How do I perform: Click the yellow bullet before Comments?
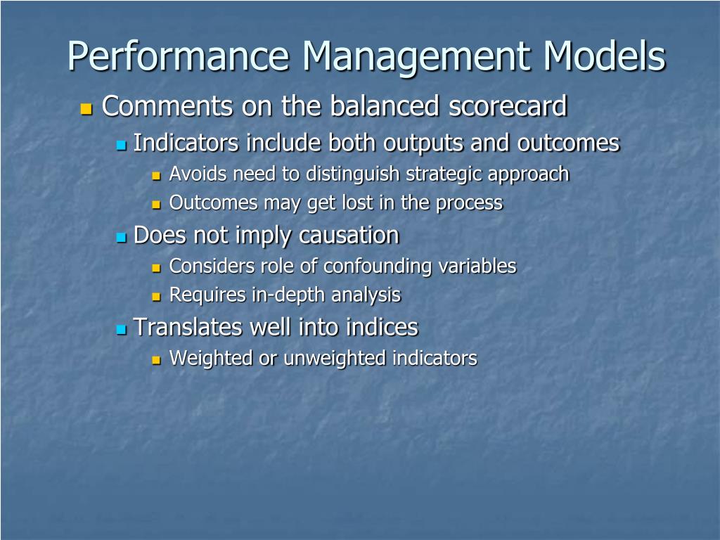click(x=86, y=109)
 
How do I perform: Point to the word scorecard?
click(x=508, y=107)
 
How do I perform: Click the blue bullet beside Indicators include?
click(x=121, y=145)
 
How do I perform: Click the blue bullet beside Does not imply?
click(x=121, y=237)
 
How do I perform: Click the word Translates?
click(x=186, y=327)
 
